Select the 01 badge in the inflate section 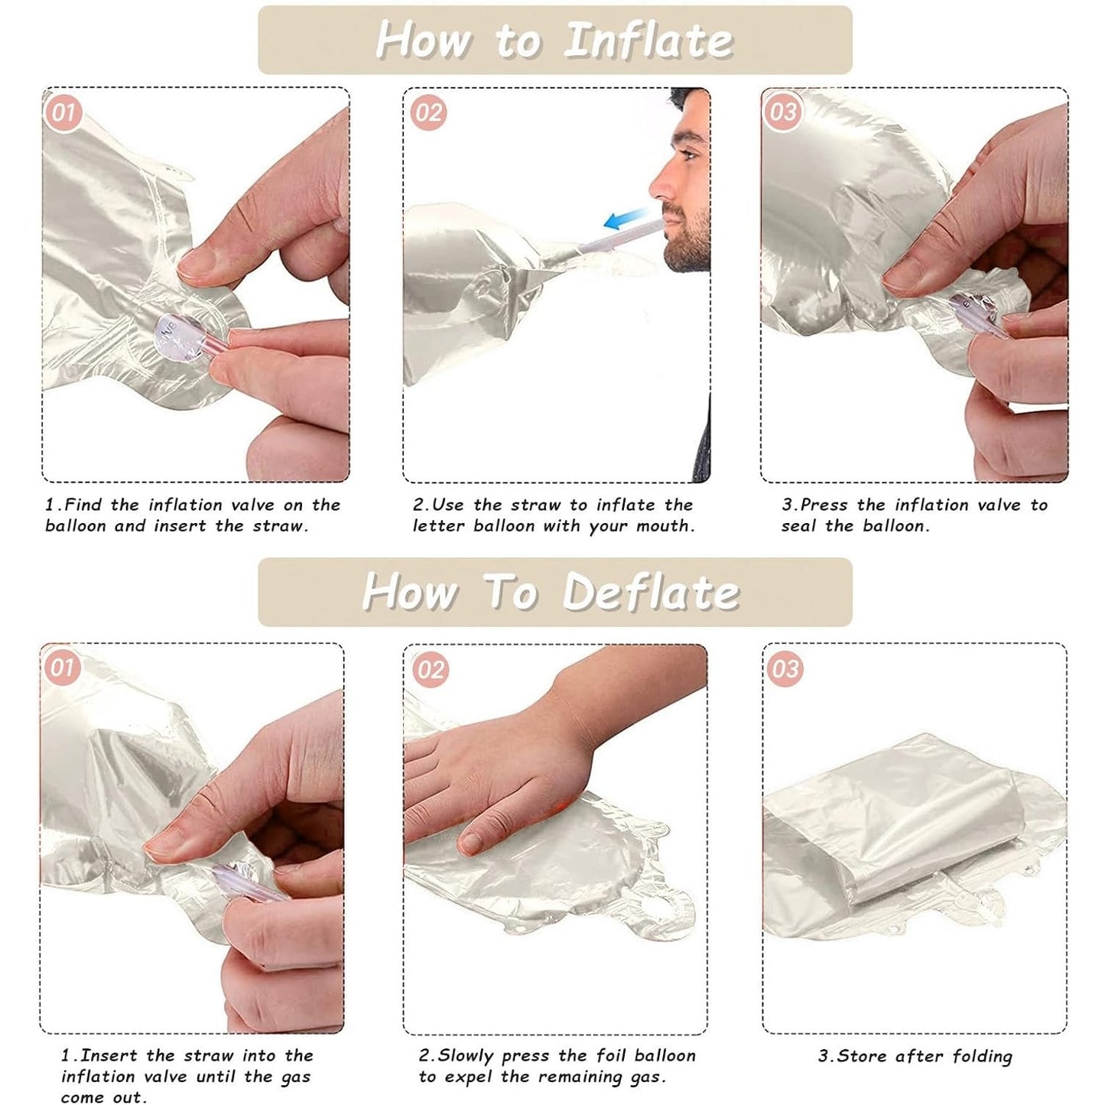pos(63,112)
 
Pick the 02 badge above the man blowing pos(428,112)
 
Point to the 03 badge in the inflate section pos(783,111)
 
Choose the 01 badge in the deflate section pos(61,668)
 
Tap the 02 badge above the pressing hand pos(431,669)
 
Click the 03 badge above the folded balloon pos(785,668)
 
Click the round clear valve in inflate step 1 pos(180,340)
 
